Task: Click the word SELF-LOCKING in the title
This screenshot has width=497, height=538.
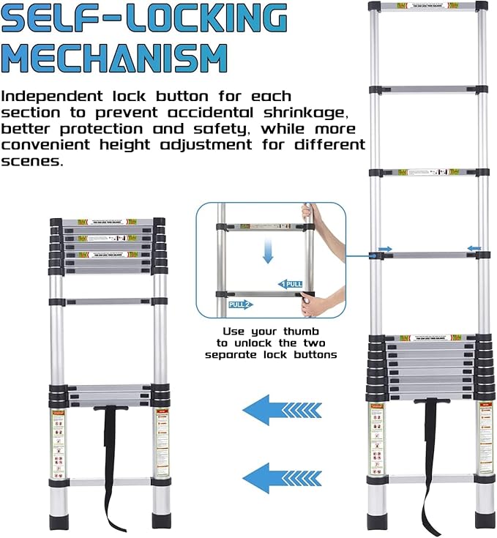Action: click(x=143, y=19)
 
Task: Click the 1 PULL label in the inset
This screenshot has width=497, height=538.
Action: click(x=291, y=283)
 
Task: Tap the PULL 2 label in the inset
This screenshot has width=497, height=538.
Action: click(x=240, y=304)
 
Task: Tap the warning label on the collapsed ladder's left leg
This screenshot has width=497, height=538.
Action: click(x=57, y=443)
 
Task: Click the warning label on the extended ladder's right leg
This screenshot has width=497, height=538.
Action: click(x=485, y=438)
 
